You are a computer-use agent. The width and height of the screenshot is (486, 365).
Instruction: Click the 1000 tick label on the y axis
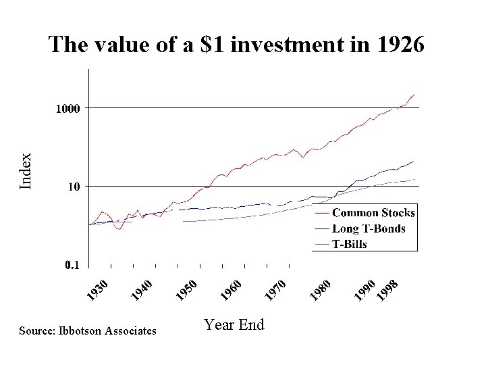coord(67,108)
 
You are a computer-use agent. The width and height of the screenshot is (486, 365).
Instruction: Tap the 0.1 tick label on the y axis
coord(72,266)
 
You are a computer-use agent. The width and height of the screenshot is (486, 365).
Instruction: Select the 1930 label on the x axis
coord(99,289)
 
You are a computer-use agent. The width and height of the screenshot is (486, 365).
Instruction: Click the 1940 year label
coord(143,289)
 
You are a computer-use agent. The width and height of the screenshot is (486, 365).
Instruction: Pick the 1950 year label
coord(187,289)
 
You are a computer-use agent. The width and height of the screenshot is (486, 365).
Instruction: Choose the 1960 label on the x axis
coord(232,289)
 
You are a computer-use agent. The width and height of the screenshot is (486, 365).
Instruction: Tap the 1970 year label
coord(276,289)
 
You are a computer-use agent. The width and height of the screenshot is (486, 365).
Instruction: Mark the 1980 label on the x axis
coord(320,289)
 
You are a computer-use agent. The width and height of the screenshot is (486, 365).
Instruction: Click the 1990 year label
coord(365,289)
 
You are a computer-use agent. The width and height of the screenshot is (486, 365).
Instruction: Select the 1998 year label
coord(387,289)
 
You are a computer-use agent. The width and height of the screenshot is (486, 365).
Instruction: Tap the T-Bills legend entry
coord(350,244)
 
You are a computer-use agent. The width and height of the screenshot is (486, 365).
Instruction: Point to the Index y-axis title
coord(26,170)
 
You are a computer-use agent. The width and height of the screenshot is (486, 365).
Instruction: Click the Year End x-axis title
coord(234,325)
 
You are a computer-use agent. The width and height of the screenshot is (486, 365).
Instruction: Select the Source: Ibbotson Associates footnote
coord(88,331)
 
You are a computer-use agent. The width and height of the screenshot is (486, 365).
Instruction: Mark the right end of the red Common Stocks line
coord(414,95)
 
